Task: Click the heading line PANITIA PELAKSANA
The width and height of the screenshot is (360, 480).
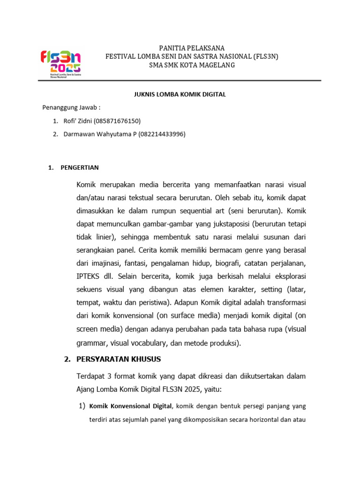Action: pos(191,48)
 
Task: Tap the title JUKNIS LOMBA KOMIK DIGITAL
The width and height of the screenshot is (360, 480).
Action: pos(177,94)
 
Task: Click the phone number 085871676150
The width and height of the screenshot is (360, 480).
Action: pos(117,121)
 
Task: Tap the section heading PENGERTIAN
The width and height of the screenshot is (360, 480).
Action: pos(80,167)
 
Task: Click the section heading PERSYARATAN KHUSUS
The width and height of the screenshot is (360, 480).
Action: pos(118,359)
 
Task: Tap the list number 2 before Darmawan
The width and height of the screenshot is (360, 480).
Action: pos(54,134)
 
